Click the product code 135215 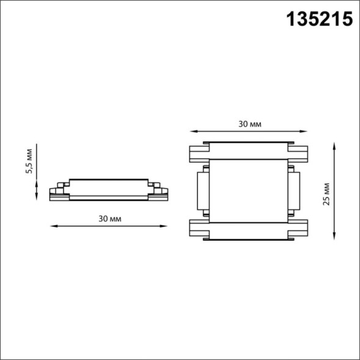pyautogui.click(x=320, y=20)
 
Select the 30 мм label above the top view pyautogui.click(x=249, y=123)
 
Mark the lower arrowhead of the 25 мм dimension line pyautogui.click(x=335, y=237)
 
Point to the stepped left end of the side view pyautogui.click(x=57, y=191)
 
